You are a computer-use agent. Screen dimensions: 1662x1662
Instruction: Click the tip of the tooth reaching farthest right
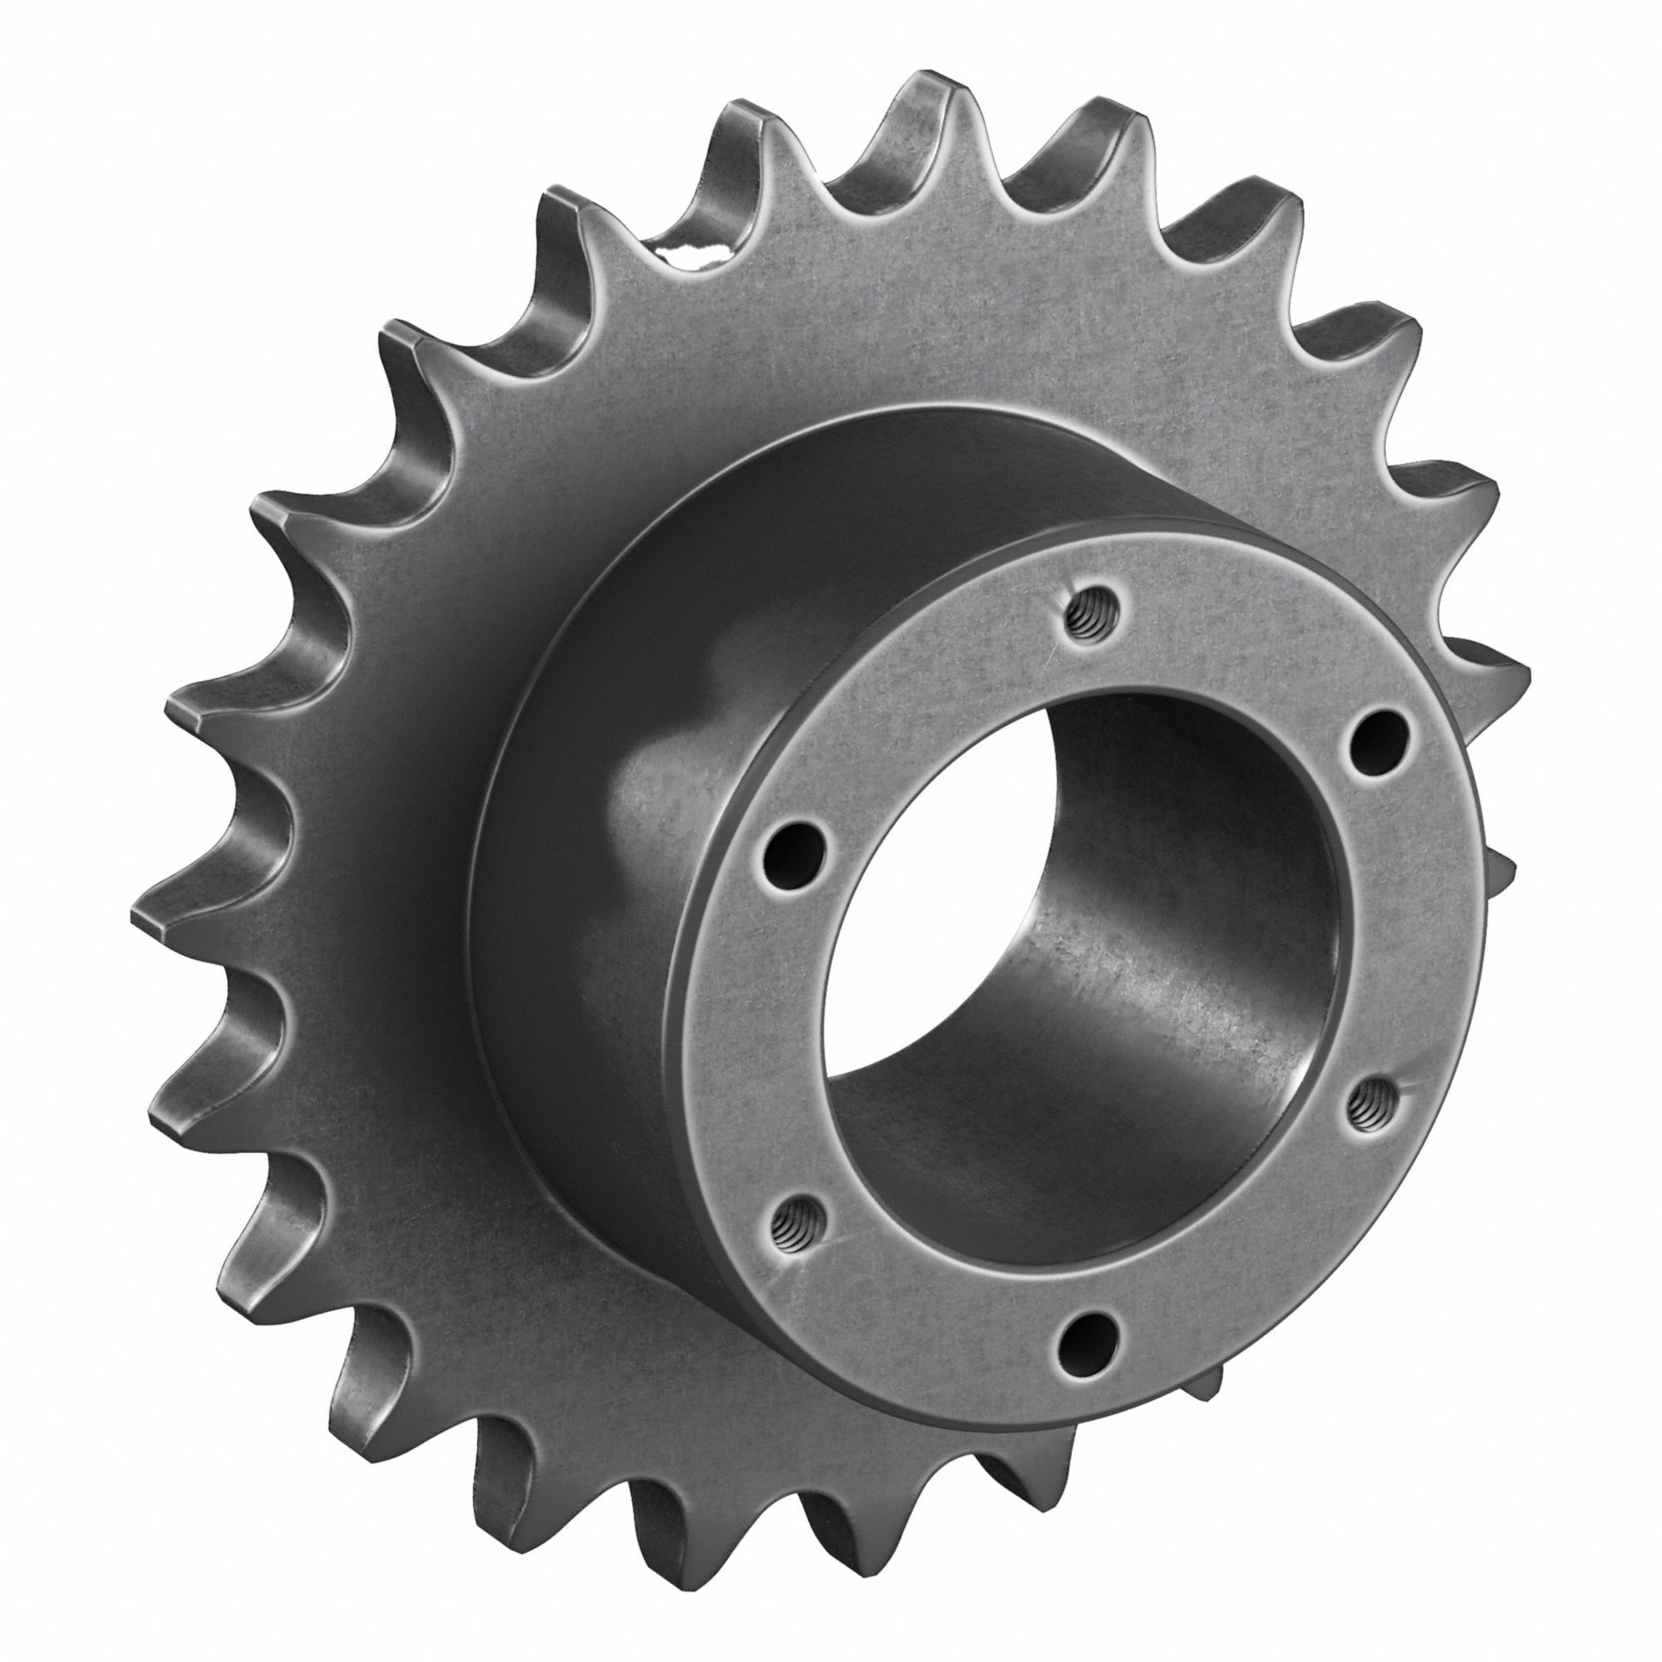[x=1514, y=680]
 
